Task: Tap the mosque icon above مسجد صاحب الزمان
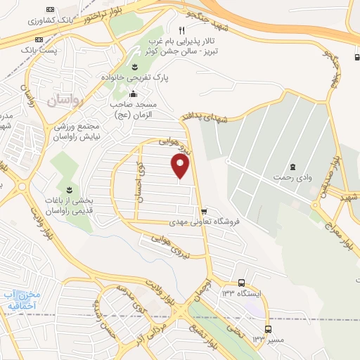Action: tap(134, 93)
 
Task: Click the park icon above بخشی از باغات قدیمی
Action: tap(69, 190)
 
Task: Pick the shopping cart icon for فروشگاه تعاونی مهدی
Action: tap(204, 211)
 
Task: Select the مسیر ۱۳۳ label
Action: tap(258, 340)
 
